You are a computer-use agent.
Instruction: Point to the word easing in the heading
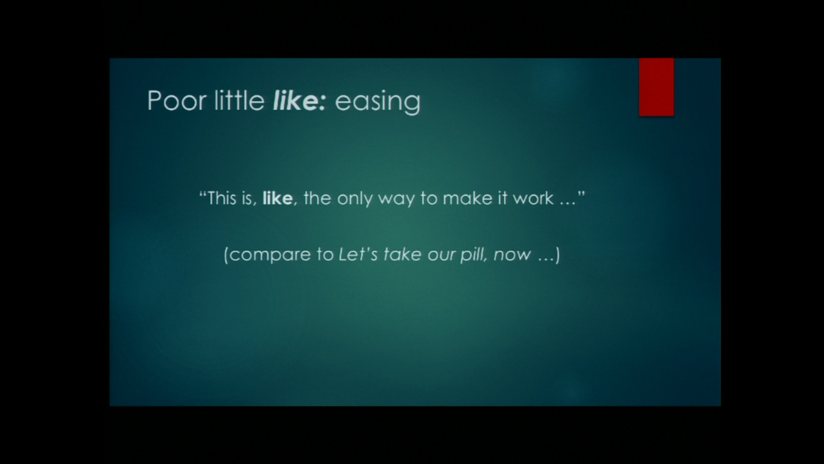[378, 102]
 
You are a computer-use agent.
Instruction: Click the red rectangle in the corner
[656, 87]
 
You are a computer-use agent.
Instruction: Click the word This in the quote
[222, 198]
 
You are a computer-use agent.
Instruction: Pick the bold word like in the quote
[278, 198]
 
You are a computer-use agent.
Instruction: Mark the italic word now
[512, 255]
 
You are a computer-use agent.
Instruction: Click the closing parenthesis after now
[557, 255]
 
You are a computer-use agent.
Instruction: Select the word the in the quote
[317, 198]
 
